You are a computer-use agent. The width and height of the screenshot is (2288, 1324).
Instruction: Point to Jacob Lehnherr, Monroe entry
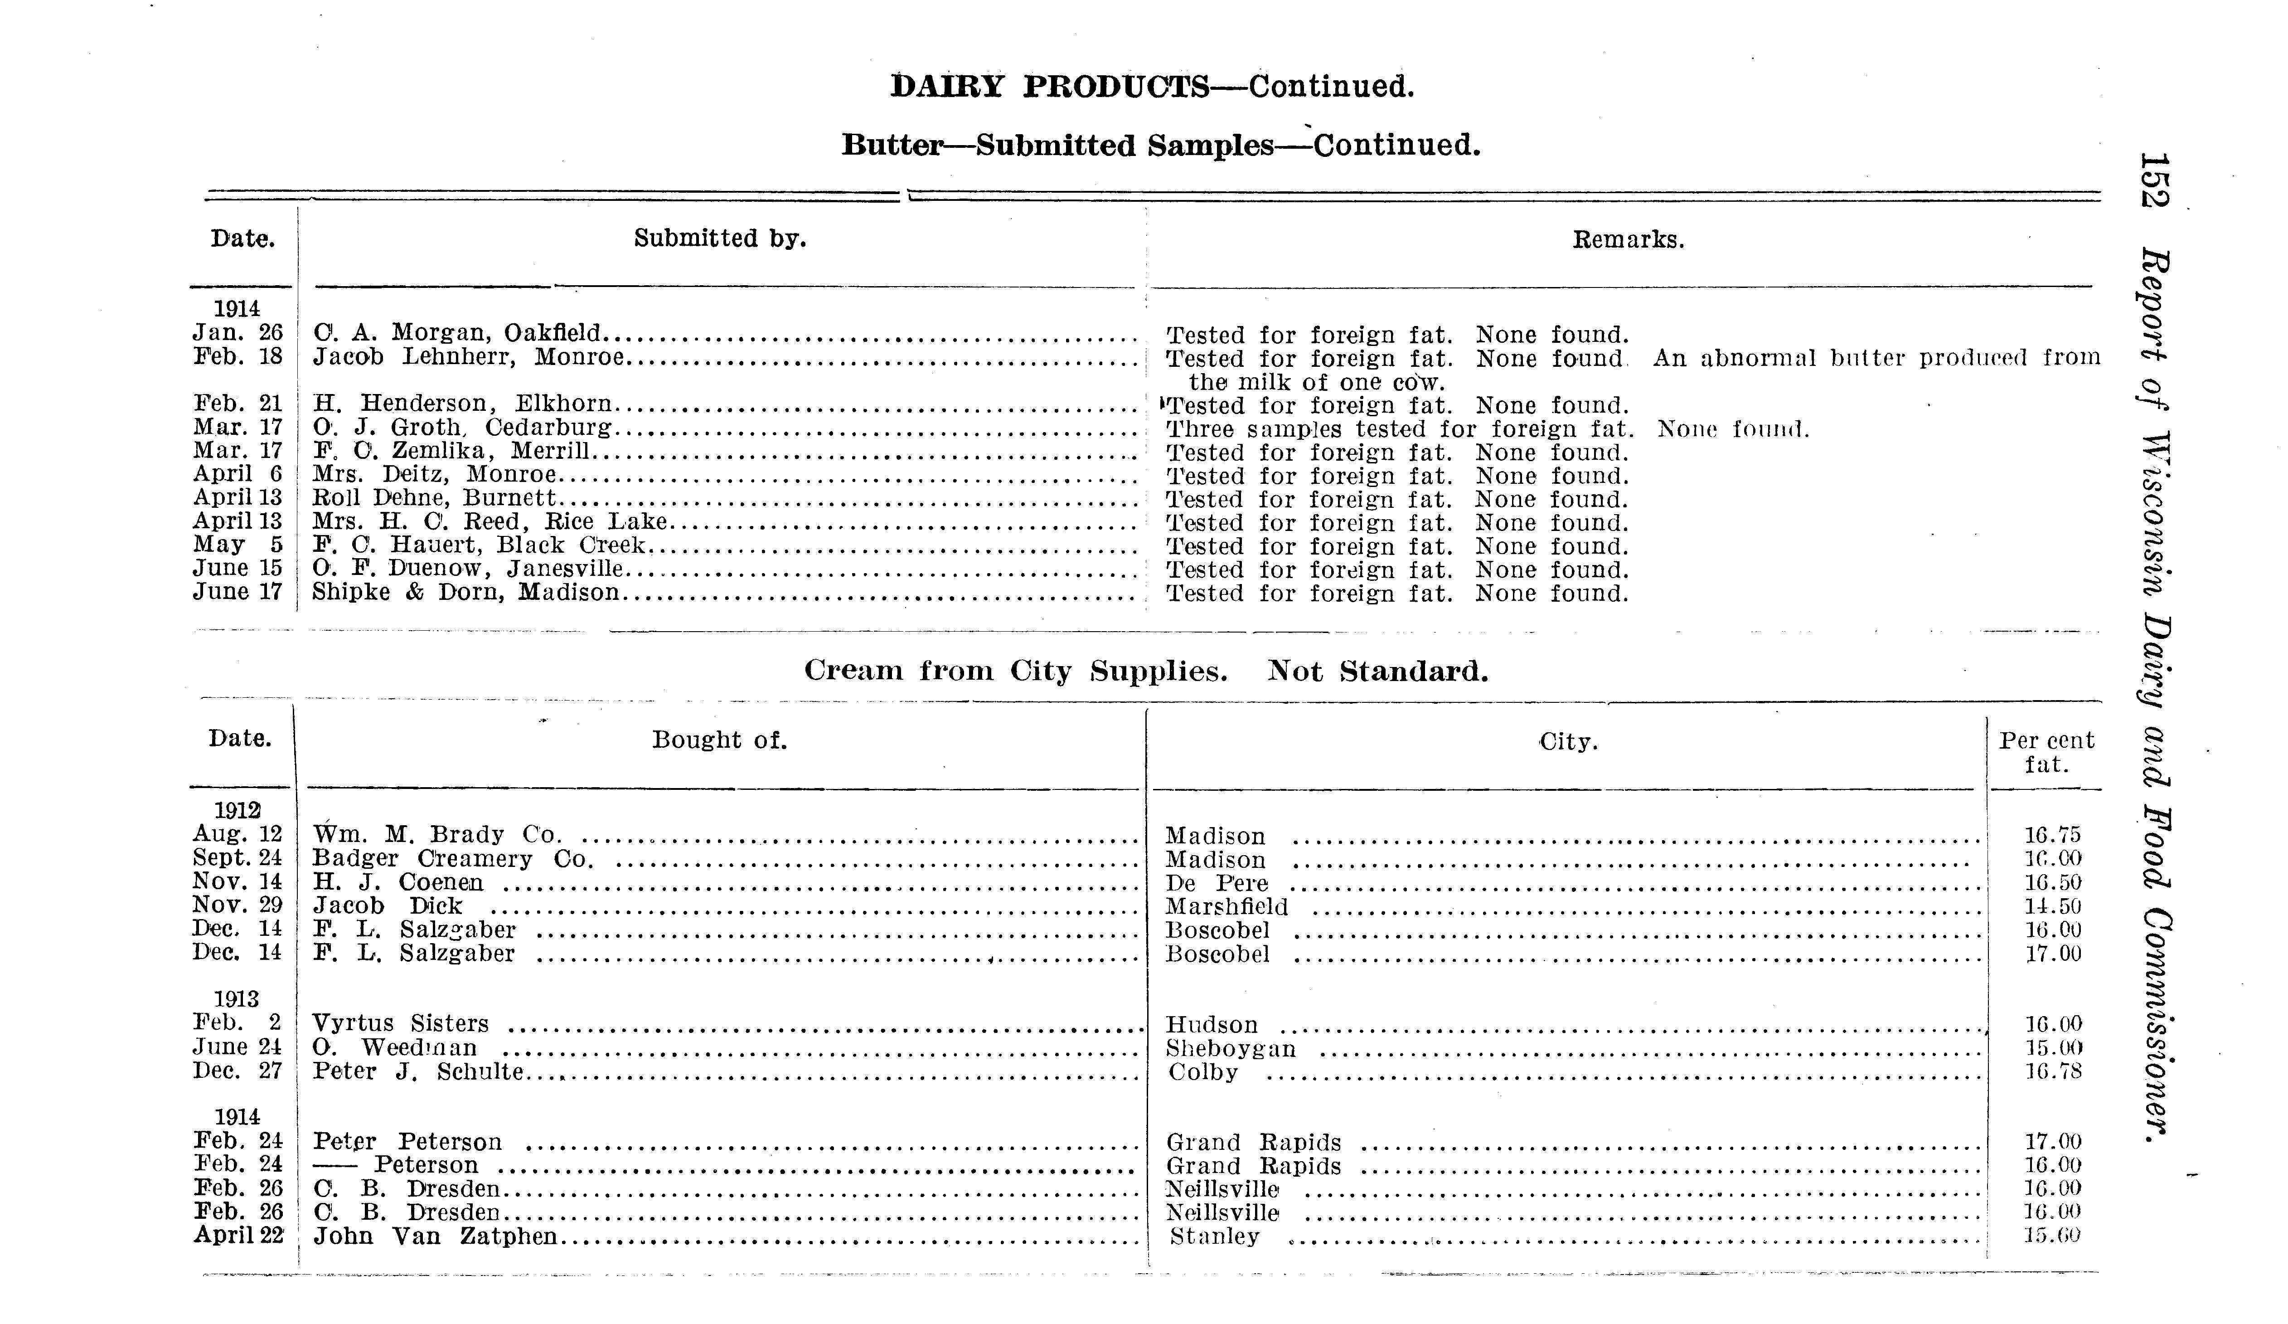(x=469, y=357)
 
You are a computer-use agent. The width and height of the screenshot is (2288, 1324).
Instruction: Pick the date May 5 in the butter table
(x=238, y=545)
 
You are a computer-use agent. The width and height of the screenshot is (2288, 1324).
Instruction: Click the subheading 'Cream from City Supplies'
(x=1015, y=671)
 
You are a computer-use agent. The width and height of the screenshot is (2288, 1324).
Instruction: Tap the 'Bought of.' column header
(x=719, y=740)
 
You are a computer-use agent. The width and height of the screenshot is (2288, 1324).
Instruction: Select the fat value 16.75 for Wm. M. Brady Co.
(x=2053, y=835)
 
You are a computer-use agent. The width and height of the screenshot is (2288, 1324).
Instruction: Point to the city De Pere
(x=1217, y=883)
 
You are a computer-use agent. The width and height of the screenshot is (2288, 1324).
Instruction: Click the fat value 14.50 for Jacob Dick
(x=2053, y=906)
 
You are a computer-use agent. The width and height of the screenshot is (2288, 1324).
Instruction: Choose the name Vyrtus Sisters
(x=400, y=1023)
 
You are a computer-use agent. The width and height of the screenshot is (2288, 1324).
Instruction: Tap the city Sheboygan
(x=1230, y=1048)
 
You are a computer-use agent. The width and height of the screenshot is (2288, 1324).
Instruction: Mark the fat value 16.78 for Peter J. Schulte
(x=2053, y=1071)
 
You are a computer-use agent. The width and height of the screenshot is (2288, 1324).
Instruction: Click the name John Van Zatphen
(x=435, y=1236)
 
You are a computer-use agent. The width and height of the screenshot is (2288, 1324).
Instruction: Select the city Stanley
(x=1215, y=1236)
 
